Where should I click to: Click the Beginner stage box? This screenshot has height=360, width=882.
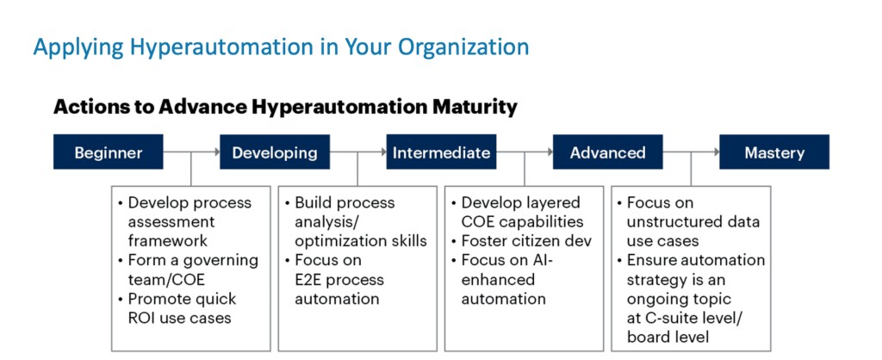108,152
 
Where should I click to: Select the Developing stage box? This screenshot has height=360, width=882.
275,152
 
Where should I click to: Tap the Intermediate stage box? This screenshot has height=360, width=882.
441,152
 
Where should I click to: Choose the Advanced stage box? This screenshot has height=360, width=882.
607,152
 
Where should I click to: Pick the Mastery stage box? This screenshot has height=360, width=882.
774,152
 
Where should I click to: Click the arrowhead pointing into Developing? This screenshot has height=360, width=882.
217,152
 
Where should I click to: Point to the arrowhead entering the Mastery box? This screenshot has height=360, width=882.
717,152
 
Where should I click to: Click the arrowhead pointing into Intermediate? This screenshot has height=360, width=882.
383,152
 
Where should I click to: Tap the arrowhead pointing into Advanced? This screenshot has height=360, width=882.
550,152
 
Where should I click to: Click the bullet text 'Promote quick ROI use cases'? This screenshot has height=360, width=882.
175,307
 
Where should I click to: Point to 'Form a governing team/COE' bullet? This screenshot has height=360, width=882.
188,270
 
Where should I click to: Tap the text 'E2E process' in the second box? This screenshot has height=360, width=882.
339,280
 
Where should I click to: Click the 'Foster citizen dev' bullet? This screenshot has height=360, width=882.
522,241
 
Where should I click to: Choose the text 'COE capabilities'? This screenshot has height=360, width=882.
522,221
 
